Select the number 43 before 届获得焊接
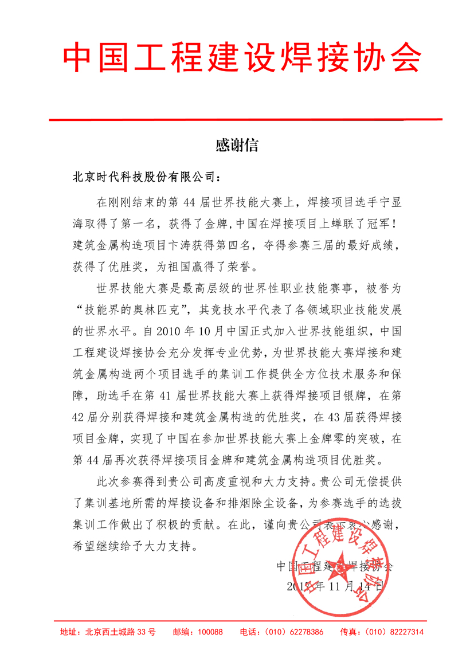click(323, 416)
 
